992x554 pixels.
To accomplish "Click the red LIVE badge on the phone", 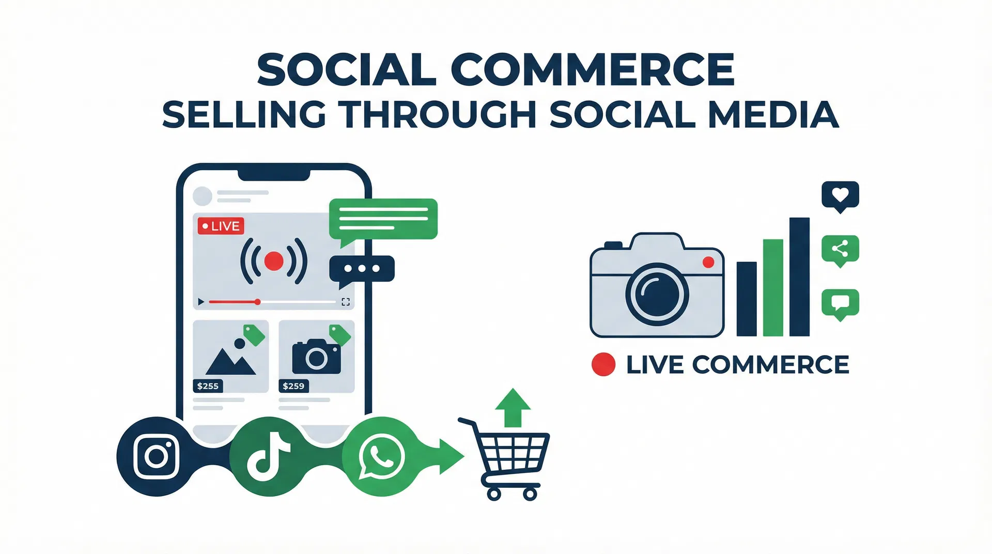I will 221,226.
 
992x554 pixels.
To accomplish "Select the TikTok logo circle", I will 269,456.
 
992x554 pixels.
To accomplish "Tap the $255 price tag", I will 208,386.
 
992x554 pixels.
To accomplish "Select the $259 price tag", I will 293,386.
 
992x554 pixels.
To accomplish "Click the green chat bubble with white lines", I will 383,218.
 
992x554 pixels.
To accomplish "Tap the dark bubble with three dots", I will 362,269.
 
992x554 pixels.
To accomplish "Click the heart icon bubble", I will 840,195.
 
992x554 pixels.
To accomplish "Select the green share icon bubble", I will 840,250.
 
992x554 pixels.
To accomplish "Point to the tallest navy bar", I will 799,277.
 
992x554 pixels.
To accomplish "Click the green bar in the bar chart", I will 773,287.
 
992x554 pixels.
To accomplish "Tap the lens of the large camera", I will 657,295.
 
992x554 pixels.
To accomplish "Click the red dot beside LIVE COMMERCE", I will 603,364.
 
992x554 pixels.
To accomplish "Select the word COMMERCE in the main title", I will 593,70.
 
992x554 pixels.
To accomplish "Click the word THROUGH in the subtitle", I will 438,114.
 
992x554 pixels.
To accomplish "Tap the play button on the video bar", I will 201,302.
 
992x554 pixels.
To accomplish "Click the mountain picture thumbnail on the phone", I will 230,356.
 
